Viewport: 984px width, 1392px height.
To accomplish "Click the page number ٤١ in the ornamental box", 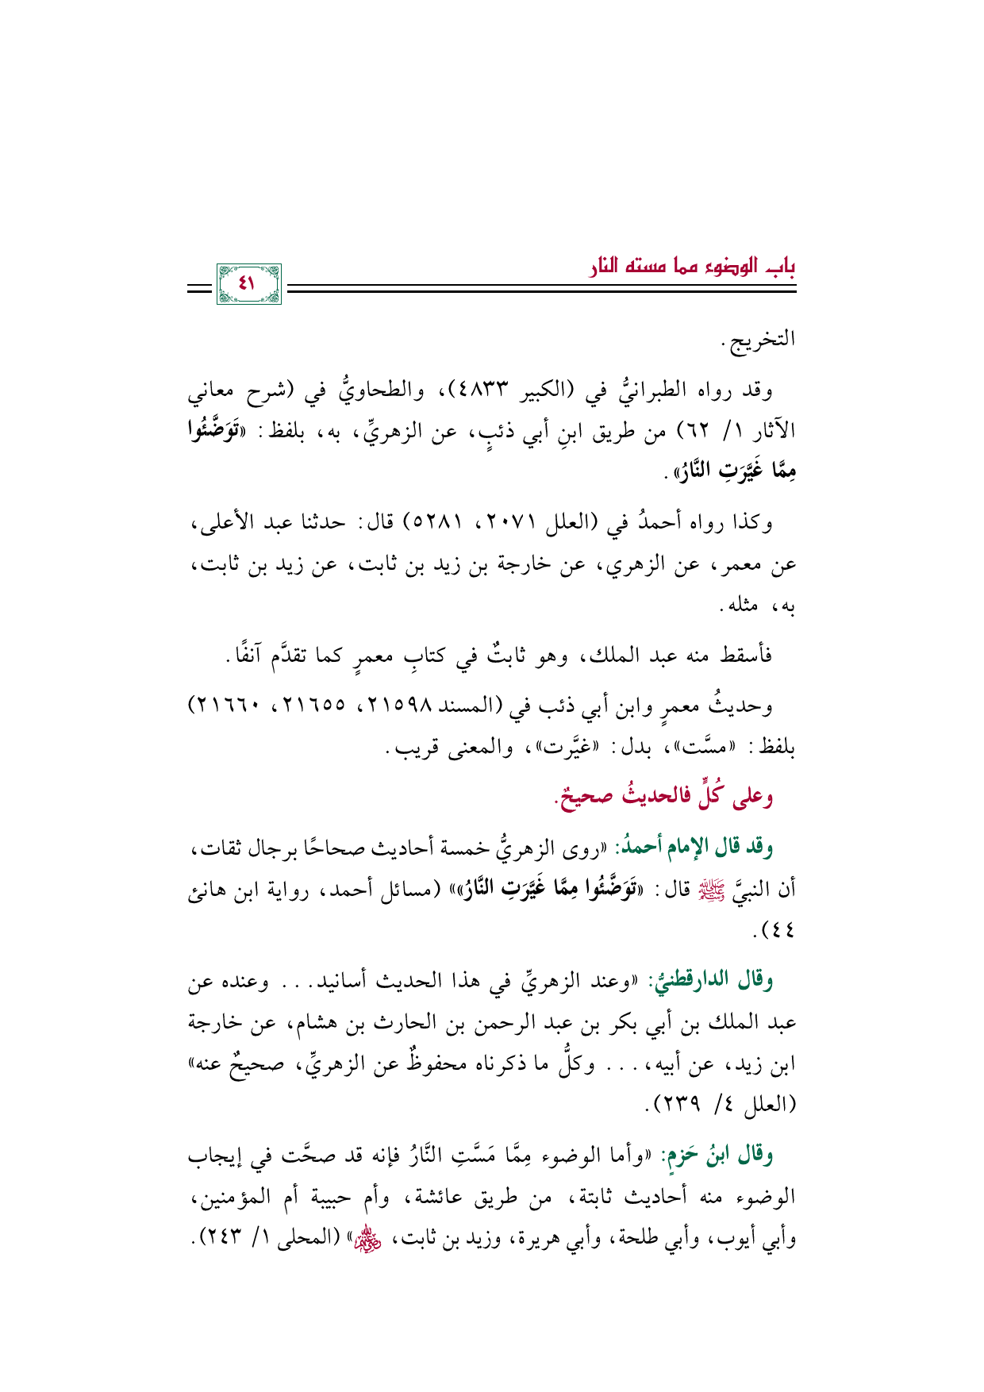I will (x=248, y=283).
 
